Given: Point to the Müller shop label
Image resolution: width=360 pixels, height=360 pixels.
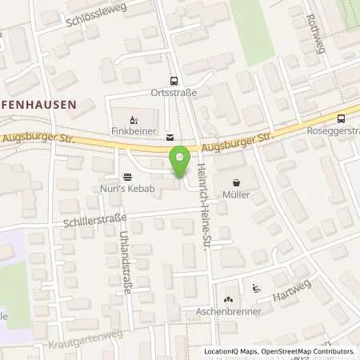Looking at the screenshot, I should pos(238,194).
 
